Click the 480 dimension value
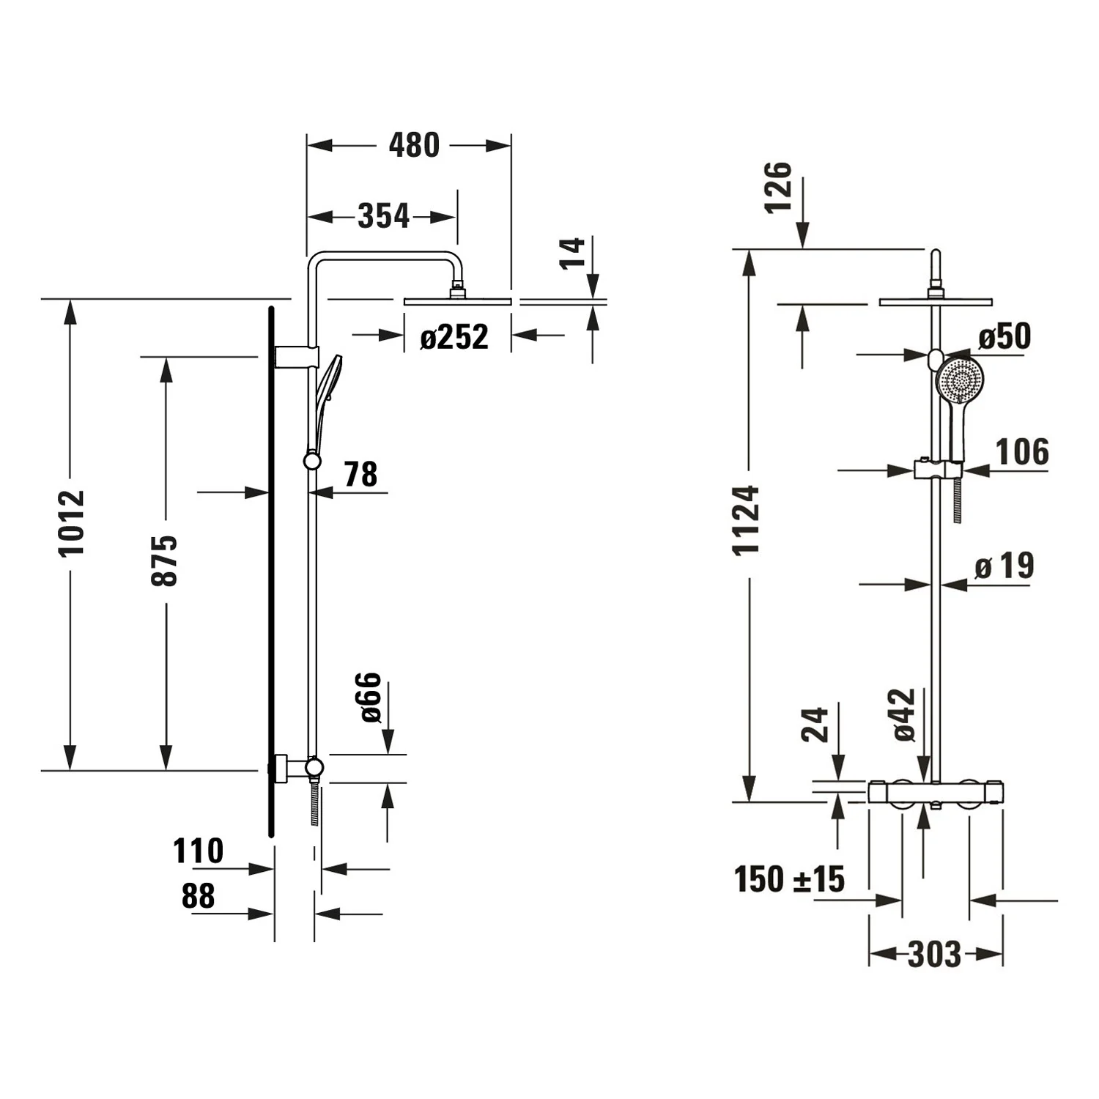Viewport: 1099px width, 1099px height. point(414,146)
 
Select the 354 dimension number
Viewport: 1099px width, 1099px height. point(383,216)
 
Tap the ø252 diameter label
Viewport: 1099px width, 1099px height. point(454,337)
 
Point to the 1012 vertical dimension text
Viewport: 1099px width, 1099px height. point(73,522)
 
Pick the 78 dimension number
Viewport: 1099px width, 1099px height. point(360,475)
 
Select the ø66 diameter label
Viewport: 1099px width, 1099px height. point(371,697)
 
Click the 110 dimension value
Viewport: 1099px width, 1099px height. point(198,851)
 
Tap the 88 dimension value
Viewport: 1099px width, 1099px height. point(198,896)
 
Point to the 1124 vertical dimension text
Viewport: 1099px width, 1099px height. point(747,520)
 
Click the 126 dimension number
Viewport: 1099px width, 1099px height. point(779,188)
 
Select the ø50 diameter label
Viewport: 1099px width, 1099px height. point(1004,336)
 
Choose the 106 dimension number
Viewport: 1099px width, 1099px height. point(1022,451)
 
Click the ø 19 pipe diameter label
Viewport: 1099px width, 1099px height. point(1004,566)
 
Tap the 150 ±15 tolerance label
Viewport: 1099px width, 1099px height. point(789,879)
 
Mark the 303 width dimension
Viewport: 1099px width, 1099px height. point(934,954)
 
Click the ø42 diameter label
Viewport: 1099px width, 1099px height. point(906,714)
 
